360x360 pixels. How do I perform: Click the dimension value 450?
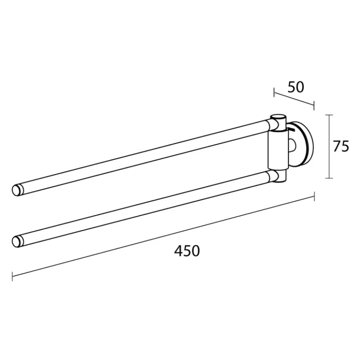pyautogui.click(x=187, y=251)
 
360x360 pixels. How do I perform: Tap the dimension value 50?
pyautogui.click(x=296, y=87)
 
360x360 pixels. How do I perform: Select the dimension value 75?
pyautogui.click(x=341, y=146)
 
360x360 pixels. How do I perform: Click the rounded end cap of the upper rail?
pyautogui.click(x=18, y=190)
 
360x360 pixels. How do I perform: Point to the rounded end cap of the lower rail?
pyautogui.click(x=18, y=241)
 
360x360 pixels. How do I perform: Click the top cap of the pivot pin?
pyautogui.click(x=278, y=117)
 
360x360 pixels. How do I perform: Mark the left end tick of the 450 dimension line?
pyautogui.click(x=12, y=276)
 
